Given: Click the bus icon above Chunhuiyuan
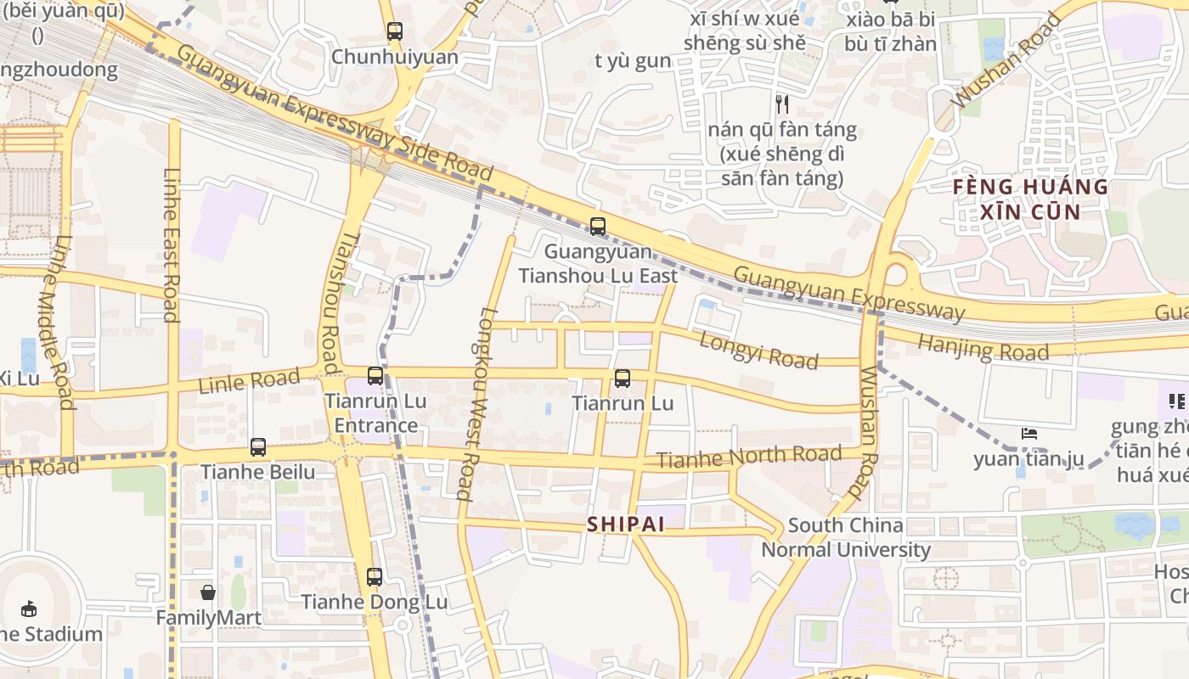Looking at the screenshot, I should [394, 31].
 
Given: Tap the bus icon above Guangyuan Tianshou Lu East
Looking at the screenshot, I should [598, 227].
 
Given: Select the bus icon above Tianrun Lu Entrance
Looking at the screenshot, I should [375, 376].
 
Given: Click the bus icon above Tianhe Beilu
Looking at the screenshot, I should [258, 447].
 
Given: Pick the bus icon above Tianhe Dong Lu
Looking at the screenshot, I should [375, 577].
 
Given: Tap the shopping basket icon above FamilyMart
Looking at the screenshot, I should [208, 592].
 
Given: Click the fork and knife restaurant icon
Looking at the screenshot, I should [782, 104].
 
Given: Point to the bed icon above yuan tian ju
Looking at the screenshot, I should [1029, 434].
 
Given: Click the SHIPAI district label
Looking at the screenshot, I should [626, 525].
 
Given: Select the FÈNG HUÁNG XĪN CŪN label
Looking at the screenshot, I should [1030, 199].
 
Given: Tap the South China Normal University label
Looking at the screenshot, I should [846, 537].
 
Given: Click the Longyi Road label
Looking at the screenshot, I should [758, 350].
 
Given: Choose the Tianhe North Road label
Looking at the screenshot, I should [749, 457].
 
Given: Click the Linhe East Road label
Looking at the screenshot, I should [172, 245].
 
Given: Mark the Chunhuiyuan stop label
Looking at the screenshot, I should [394, 57].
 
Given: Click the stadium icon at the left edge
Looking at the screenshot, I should [29, 609].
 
